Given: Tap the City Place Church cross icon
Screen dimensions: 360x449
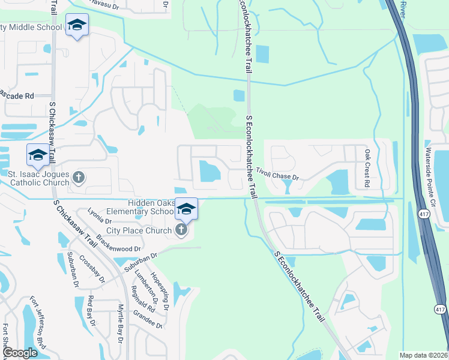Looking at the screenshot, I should point(181,230).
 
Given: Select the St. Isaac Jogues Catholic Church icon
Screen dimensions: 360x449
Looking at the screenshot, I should point(79,177).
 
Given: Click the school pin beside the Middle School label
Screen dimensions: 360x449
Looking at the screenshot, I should point(76,26).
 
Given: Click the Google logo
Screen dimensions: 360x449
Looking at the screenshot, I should point(20,353).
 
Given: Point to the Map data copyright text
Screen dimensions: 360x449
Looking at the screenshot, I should point(424,355).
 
